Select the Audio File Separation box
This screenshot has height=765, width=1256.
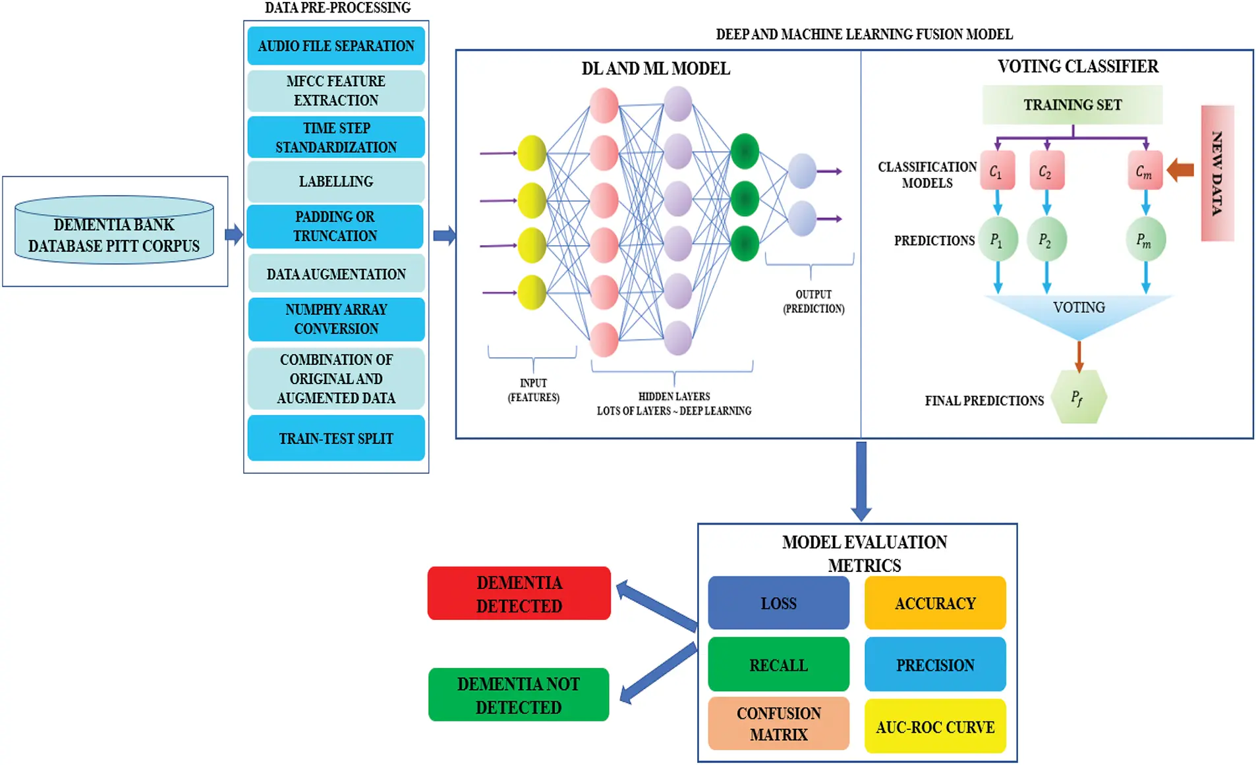pyautogui.click(x=336, y=46)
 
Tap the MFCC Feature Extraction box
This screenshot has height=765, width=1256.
pyautogui.click(x=336, y=91)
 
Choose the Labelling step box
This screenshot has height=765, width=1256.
pyautogui.click(x=336, y=182)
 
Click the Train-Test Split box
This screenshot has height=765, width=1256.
pyautogui.click(x=336, y=438)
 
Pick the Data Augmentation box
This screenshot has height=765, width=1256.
pyautogui.click(x=336, y=274)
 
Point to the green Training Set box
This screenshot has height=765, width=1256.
pyautogui.click(x=1072, y=105)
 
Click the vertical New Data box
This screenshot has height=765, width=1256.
pyautogui.click(x=1216, y=173)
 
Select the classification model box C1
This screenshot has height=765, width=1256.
pyautogui.click(x=996, y=171)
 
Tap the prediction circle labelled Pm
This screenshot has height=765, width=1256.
pyautogui.click(x=1145, y=241)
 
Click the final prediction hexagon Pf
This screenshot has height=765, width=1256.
pyautogui.click(x=1078, y=397)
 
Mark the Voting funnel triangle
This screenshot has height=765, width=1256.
pyautogui.click(x=1079, y=313)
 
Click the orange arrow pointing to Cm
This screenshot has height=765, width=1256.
pyautogui.click(x=1181, y=170)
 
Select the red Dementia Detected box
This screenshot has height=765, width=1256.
pyautogui.click(x=519, y=594)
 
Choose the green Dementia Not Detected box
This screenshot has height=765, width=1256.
pyautogui.click(x=519, y=695)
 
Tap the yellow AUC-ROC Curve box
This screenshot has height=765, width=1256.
pyautogui.click(x=934, y=727)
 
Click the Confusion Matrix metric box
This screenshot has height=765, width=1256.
pyautogui.click(x=778, y=723)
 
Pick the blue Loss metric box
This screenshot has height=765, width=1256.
pyautogui.click(x=778, y=603)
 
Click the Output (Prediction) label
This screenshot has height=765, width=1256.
pyautogui.click(x=813, y=301)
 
